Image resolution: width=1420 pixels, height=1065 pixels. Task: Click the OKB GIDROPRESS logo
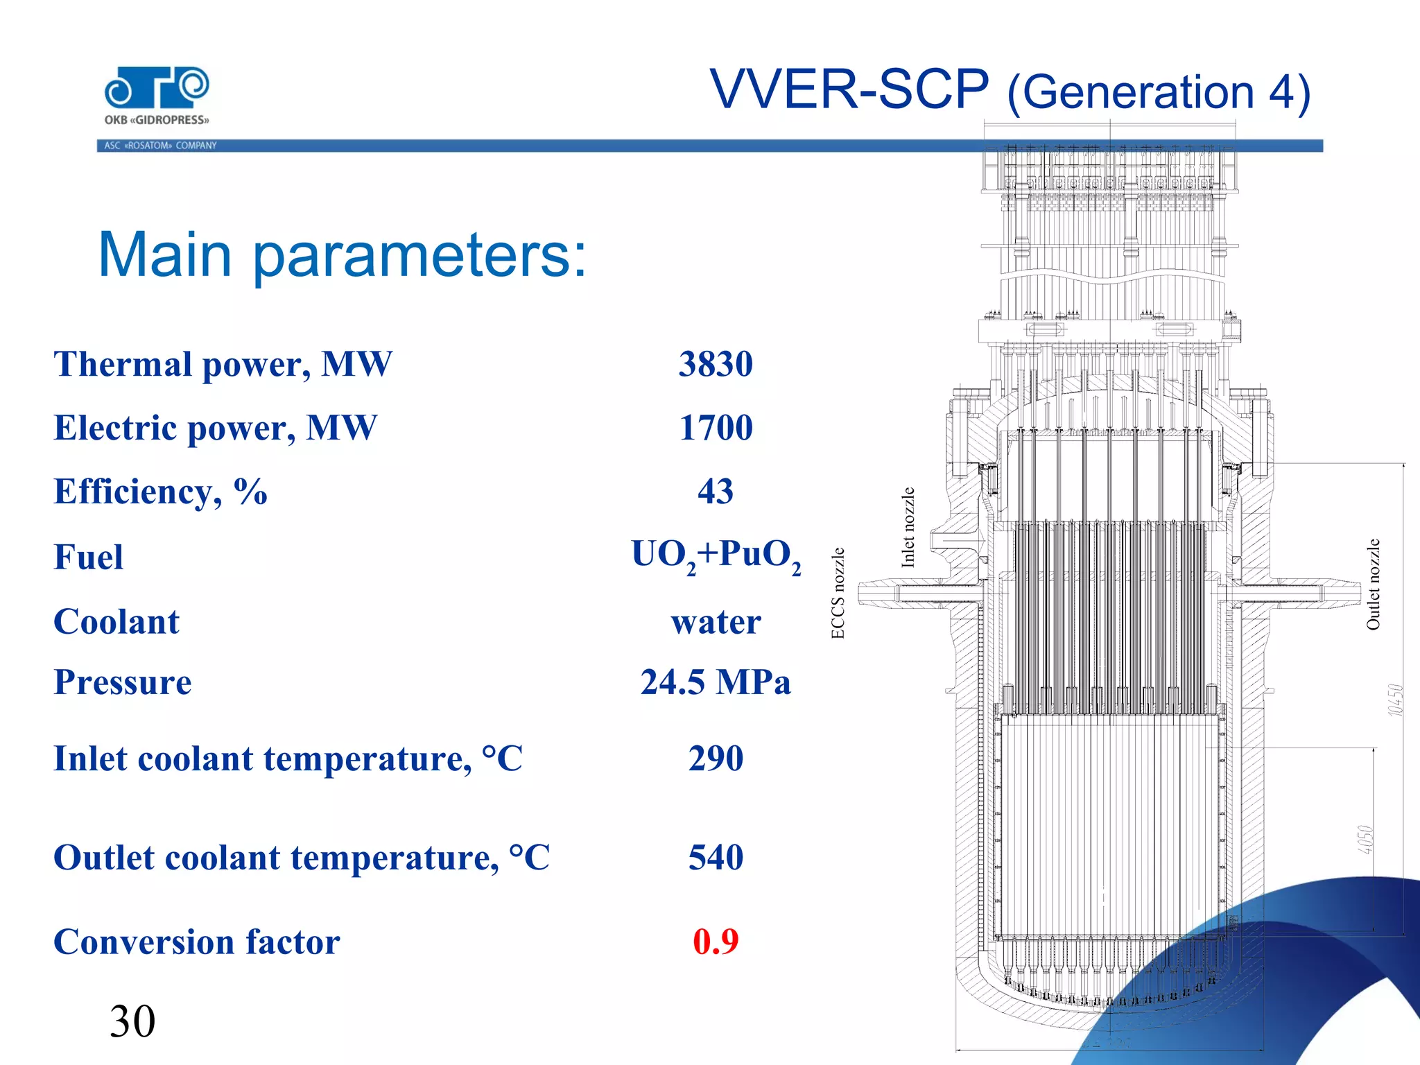[x=157, y=96]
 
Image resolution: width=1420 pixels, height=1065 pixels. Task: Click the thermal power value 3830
[x=716, y=364]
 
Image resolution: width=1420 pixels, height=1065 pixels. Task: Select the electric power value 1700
[x=716, y=428]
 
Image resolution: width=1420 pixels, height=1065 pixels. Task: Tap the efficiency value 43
[x=716, y=492]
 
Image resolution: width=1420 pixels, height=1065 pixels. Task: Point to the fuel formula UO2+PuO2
[x=716, y=556]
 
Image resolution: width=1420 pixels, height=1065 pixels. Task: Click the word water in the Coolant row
[x=716, y=622]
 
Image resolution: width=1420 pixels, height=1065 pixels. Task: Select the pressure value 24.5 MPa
[x=716, y=682]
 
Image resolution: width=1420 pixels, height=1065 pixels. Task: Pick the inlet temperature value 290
[x=716, y=758]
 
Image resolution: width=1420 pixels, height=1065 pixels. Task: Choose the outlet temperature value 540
[x=716, y=857]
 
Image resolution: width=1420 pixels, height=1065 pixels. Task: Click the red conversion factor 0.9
[x=716, y=942]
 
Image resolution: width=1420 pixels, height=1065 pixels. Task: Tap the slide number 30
[x=132, y=1021]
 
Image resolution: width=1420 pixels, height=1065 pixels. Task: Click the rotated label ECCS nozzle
[x=838, y=593]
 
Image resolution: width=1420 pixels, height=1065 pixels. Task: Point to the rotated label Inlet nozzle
[x=908, y=528]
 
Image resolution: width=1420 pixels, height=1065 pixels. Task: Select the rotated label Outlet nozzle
[x=1373, y=585]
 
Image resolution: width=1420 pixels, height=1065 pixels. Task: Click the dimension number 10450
[x=1395, y=700]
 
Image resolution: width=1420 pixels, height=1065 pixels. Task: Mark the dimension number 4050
[x=1365, y=840]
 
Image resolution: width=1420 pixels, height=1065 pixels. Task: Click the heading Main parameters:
[x=343, y=254]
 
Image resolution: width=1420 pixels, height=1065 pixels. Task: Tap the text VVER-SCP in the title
[x=849, y=90]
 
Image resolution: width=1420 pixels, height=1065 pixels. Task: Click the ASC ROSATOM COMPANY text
[x=160, y=146]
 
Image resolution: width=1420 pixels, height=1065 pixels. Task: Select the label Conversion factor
[x=197, y=942]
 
